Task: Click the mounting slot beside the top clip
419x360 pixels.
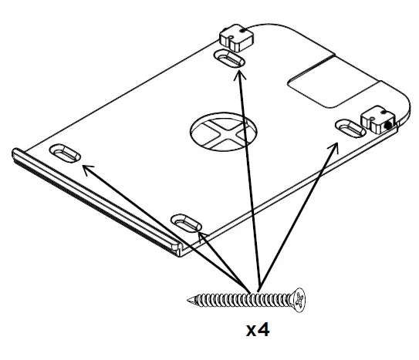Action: click(x=230, y=59)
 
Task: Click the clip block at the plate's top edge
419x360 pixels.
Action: click(x=232, y=36)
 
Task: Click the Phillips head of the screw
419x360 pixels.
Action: click(x=301, y=297)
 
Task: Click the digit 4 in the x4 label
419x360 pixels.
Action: click(x=265, y=331)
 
